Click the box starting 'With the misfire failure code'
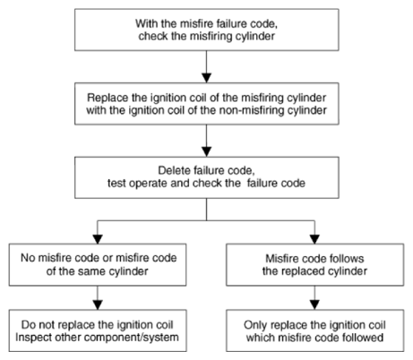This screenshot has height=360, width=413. (206, 30)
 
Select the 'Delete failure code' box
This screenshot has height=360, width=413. (206, 177)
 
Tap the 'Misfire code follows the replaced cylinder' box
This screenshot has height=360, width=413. (314, 264)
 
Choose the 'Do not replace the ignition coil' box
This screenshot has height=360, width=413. (98, 330)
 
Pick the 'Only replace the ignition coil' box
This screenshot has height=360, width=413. (314, 330)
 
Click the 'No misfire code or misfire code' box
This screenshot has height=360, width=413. (98, 264)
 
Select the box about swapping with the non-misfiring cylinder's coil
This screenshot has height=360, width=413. (206, 104)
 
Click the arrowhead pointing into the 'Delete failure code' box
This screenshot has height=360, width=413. (206, 151)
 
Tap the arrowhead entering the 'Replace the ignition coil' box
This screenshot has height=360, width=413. (206, 78)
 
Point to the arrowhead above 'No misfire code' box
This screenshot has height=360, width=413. (98, 239)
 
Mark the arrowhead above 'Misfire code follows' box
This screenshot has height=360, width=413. (314, 239)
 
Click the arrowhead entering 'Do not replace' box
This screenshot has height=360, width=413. (98, 304)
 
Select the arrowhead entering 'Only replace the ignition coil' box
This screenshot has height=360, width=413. (314, 304)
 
